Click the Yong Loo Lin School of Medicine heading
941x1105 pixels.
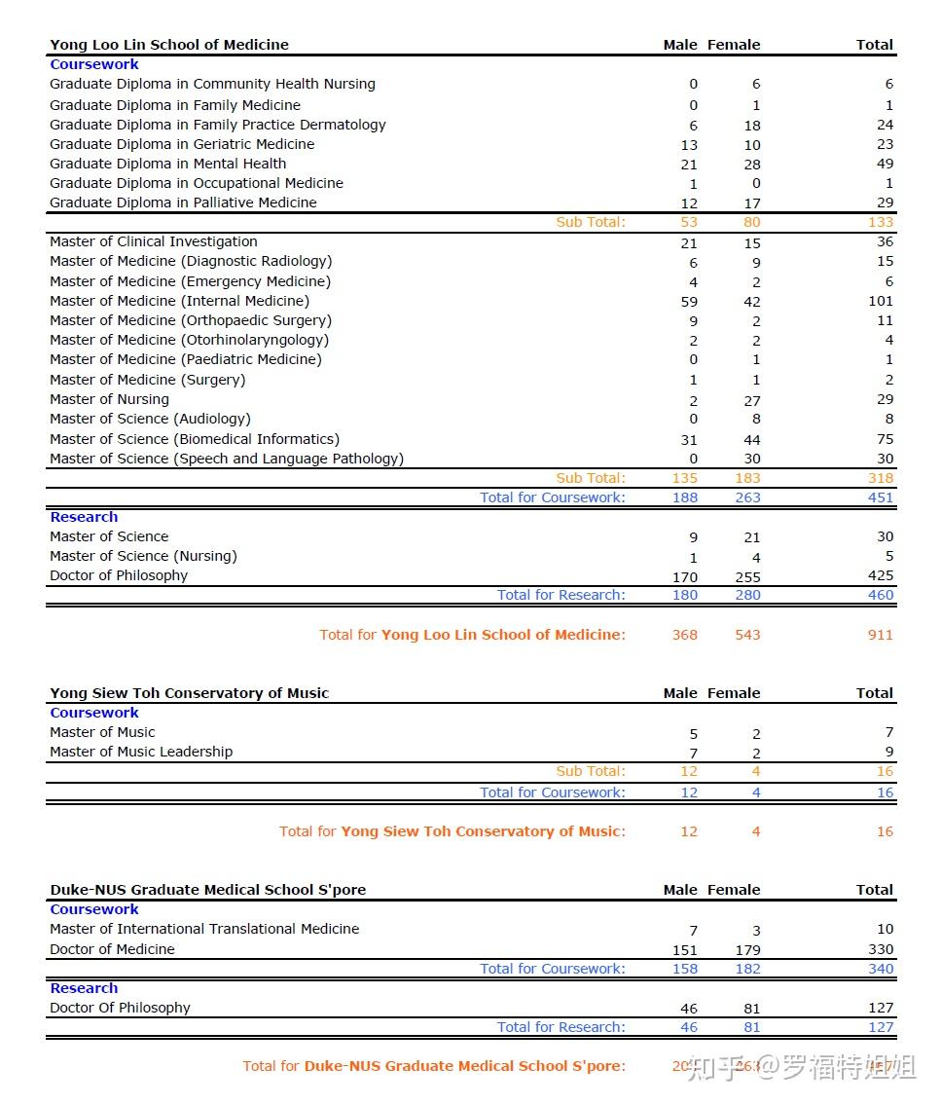point(169,45)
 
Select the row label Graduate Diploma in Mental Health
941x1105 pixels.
point(168,164)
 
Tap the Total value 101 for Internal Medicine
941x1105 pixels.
point(880,301)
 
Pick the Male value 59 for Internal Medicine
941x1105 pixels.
point(689,302)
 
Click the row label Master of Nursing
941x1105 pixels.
point(110,399)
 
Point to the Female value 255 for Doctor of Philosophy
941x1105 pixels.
point(747,577)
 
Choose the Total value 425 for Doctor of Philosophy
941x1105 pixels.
point(880,575)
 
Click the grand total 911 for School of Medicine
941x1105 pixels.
point(880,635)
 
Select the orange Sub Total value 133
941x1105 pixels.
point(880,222)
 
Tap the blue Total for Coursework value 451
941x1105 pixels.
point(880,497)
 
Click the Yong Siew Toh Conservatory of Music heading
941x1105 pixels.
point(190,693)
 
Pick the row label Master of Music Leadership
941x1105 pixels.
point(141,752)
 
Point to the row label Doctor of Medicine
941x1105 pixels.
point(113,949)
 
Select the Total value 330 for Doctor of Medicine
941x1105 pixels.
point(880,949)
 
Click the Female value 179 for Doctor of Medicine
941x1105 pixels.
point(747,950)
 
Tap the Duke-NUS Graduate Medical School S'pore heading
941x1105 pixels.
point(208,890)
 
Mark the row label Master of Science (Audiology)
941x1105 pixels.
point(150,419)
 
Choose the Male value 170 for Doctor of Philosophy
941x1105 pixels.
point(685,577)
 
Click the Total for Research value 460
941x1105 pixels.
point(880,595)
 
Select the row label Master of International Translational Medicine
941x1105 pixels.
point(204,929)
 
